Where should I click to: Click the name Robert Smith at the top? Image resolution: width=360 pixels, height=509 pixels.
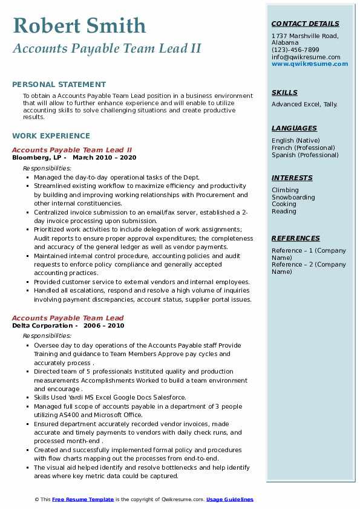79,25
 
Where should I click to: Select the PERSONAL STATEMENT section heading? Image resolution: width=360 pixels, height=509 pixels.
59,85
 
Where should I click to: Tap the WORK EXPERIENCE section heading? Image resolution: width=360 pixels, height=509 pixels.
51,136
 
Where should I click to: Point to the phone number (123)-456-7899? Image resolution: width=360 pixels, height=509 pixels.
295,50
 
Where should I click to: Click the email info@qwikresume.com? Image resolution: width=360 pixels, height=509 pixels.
306,57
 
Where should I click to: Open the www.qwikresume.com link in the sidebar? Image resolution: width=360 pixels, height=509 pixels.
306,64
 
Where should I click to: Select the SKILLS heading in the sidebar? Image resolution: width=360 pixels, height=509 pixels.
284,93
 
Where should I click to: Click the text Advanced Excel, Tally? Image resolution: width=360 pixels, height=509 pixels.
304,105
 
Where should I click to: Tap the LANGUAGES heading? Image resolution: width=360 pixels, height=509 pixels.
294,129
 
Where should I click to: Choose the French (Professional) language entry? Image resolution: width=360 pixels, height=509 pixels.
303,148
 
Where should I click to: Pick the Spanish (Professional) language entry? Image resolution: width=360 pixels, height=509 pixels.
305,155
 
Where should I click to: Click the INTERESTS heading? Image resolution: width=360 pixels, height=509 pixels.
292,178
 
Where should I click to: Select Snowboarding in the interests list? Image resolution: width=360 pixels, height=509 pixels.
293,197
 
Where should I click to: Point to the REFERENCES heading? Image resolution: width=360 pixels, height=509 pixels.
295,239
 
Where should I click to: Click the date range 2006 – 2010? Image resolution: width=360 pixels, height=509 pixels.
104,326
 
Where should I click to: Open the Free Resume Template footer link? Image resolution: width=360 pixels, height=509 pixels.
83,500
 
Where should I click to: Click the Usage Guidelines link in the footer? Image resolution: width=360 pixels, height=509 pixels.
230,500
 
